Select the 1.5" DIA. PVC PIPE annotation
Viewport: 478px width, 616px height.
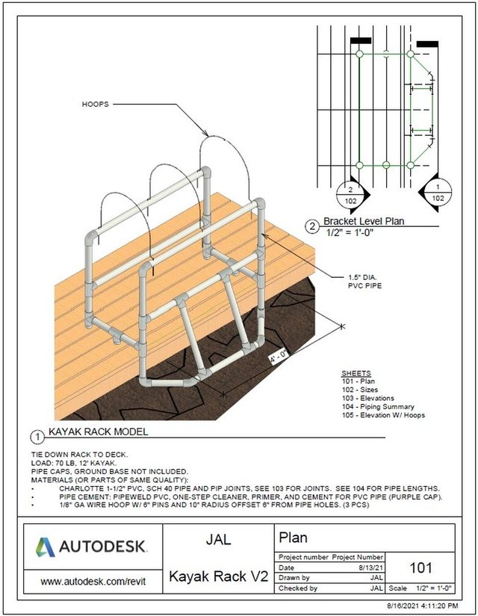pyautogui.click(x=361, y=281)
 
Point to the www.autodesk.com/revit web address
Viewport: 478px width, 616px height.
pyautogui.click(x=92, y=579)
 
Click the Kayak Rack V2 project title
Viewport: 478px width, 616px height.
pyautogui.click(x=217, y=576)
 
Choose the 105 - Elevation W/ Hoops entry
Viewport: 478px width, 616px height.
pyautogui.click(x=383, y=415)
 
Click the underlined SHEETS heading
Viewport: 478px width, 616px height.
pyautogui.click(x=355, y=373)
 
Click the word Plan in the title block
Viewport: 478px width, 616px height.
pyautogui.click(x=294, y=537)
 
